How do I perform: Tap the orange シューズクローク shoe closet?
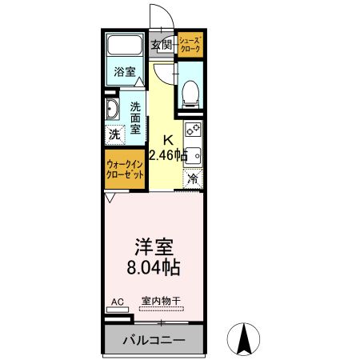[190, 44]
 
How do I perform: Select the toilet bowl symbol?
[190, 93]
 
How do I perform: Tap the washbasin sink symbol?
[111, 110]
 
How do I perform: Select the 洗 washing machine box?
[114, 134]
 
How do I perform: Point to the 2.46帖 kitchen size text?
[168, 153]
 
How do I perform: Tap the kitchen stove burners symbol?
[193, 128]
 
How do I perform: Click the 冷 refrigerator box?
[192, 178]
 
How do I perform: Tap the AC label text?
[117, 302]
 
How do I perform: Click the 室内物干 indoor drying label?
[161, 302]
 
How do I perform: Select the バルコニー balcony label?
[154, 340]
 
